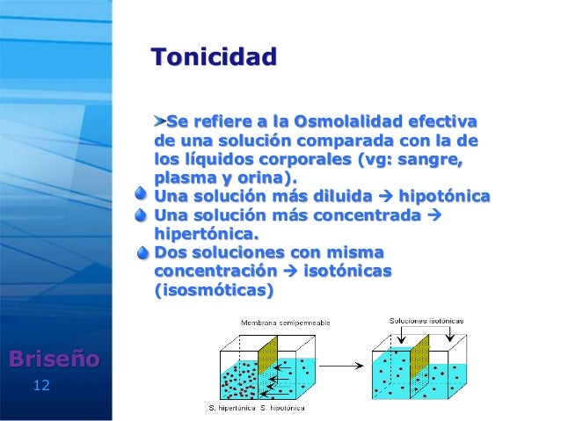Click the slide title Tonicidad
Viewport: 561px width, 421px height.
(x=214, y=59)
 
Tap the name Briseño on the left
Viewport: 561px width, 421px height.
(x=54, y=359)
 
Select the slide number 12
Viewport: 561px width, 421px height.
(x=40, y=385)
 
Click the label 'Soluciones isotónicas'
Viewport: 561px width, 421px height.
(x=426, y=321)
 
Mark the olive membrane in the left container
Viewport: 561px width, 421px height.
(x=267, y=365)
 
